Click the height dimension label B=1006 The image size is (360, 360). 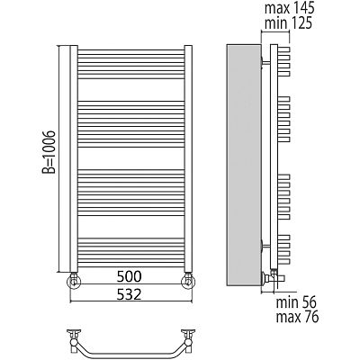[49, 152]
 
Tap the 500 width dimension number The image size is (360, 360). [129, 276]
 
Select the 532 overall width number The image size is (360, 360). [129, 294]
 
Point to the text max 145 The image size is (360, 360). [289, 8]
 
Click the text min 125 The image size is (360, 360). [288, 23]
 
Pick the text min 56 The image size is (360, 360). [296, 303]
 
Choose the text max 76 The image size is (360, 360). [297, 318]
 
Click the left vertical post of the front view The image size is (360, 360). [74, 158]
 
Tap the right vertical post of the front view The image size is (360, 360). [188, 158]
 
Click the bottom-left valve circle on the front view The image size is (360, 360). [74, 282]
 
